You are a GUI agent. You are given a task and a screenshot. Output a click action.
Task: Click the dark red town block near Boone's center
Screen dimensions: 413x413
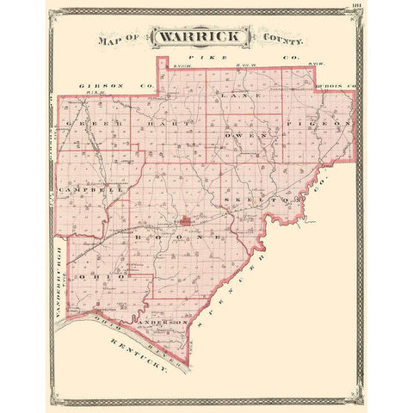pyautogui.click(x=185, y=224)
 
